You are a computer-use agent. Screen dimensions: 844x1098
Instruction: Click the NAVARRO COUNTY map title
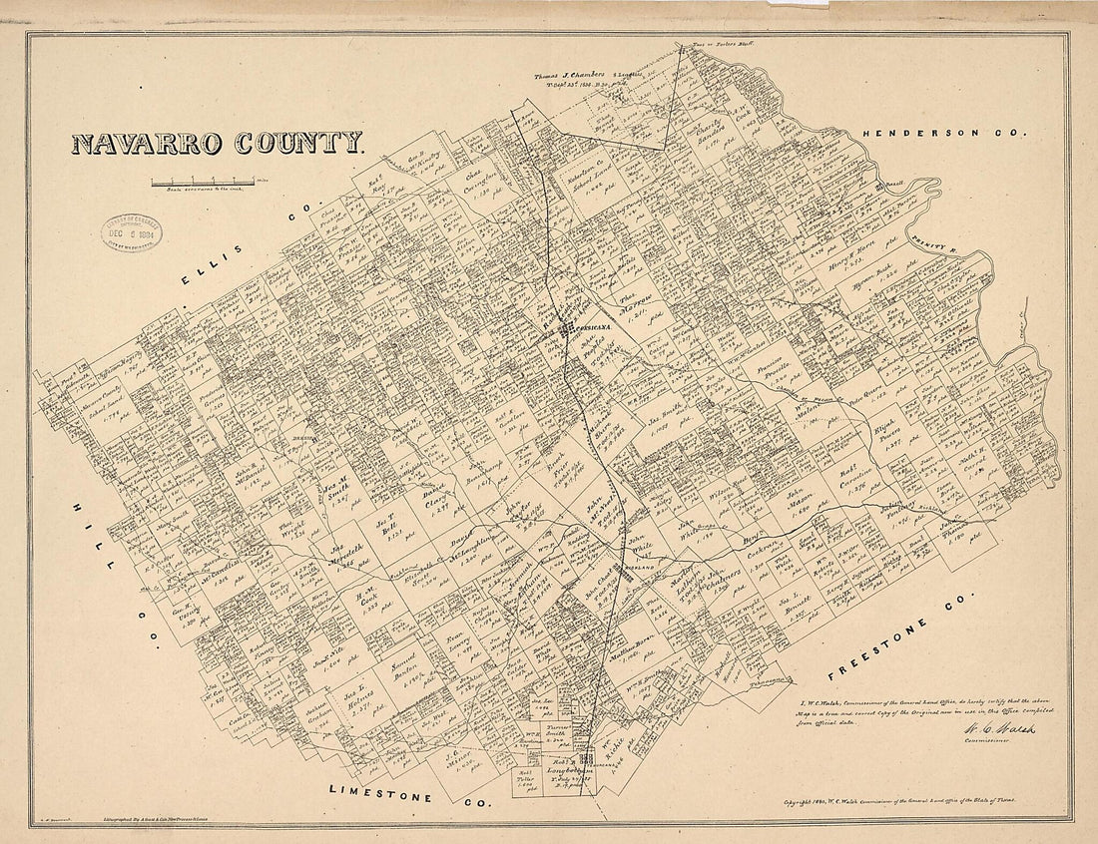pyautogui.click(x=217, y=143)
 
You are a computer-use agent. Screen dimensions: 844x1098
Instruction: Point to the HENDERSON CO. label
pyautogui.click(x=943, y=132)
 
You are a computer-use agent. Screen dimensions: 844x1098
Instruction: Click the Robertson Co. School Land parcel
pyautogui.click(x=589, y=174)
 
